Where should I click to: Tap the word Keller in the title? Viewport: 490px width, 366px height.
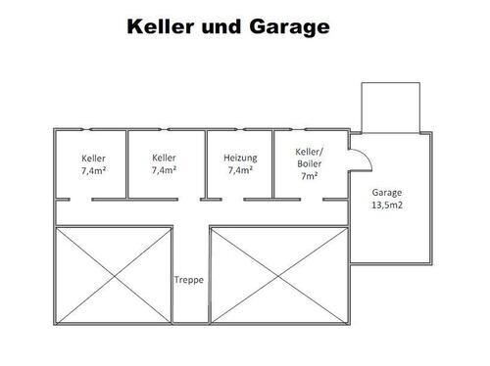[x=164, y=26]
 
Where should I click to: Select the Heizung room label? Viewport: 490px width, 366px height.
[x=240, y=158]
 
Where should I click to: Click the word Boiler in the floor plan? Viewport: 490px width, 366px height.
[x=310, y=164]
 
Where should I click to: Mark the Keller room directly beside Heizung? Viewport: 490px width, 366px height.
[x=166, y=181]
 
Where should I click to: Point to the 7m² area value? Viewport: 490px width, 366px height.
[x=310, y=177]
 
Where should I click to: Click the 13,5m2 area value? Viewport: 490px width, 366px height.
[x=387, y=206]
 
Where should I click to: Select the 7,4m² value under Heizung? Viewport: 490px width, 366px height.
[x=240, y=170]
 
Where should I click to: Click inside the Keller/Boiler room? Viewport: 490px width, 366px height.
[x=310, y=186]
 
